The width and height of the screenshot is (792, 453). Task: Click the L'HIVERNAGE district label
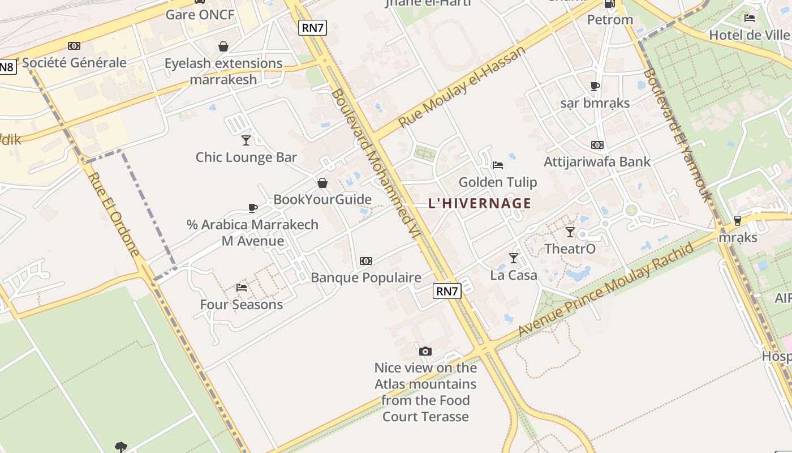[x=480, y=203]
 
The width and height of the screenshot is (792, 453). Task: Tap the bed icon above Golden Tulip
[x=498, y=165]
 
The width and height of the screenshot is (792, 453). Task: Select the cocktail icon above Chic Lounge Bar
[x=246, y=140]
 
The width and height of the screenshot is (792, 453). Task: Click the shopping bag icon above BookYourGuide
[x=322, y=183]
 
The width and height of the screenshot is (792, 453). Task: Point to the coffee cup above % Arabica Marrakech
[x=253, y=208]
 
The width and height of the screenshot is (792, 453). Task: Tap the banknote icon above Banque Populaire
[x=366, y=261]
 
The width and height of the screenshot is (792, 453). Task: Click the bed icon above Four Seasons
[x=242, y=288]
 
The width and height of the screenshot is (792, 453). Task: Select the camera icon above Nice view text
[x=425, y=351]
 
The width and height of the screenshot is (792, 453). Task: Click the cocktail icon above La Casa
[x=514, y=258]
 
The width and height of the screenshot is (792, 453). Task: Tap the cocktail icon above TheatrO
[x=570, y=232]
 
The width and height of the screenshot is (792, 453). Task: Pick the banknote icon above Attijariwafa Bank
[x=597, y=145]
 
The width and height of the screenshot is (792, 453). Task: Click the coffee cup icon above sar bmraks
[x=595, y=87]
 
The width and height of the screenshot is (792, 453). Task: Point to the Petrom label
[x=610, y=20]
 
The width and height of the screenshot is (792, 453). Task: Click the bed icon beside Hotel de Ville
[x=750, y=18]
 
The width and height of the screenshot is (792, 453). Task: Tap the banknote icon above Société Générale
[x=74, y=46]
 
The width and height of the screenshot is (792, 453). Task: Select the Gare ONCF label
[x=200, y=15]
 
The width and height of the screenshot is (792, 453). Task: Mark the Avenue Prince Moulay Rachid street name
[x=606, y=290]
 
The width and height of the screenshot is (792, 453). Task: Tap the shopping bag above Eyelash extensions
[x=223, y=46]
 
